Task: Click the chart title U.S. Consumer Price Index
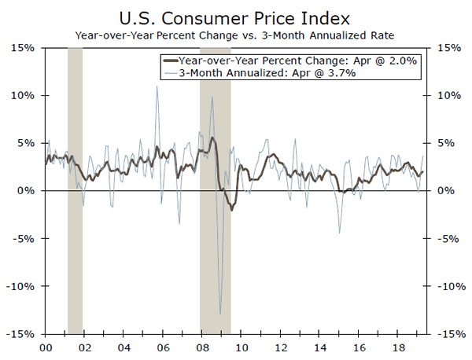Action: click(236, 16)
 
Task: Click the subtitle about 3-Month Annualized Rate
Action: click(236, 35)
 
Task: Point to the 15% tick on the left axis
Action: click(21, 48)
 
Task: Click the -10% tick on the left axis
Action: click(19, 286)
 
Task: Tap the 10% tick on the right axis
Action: click(444, 96)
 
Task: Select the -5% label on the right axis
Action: click(443, 239)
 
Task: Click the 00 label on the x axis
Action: click(45, 346)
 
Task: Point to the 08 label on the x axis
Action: click(202, 346)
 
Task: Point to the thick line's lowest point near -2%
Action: click(232, 210)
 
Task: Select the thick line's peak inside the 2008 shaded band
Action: click(212, 138)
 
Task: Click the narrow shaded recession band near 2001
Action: click(76, 189)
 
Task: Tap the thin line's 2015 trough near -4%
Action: click(340, 233)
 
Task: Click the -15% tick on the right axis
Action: click(444, 334)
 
